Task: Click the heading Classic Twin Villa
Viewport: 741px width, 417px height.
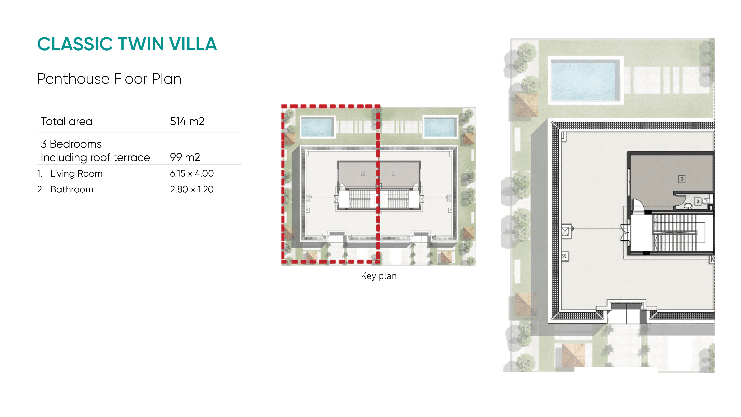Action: pos(127,44)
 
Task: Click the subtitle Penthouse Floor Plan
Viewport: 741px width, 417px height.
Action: pos(109,79)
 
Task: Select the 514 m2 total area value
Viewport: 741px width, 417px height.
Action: pos(187,121)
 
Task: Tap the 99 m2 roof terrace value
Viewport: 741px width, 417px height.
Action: pos(185,157)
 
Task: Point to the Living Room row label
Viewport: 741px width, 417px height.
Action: pos(76,174)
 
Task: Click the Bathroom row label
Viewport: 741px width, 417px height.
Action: pos(72,189)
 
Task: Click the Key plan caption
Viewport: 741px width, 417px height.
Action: pos(378,276)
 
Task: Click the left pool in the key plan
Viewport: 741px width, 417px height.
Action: pos(318,127)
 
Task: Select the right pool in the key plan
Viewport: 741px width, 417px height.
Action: pos(440,127)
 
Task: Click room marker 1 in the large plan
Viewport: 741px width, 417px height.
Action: pos(682,179)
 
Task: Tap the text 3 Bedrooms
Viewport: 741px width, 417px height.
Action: pos(71,144)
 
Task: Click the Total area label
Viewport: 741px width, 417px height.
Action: pos(67,121)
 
